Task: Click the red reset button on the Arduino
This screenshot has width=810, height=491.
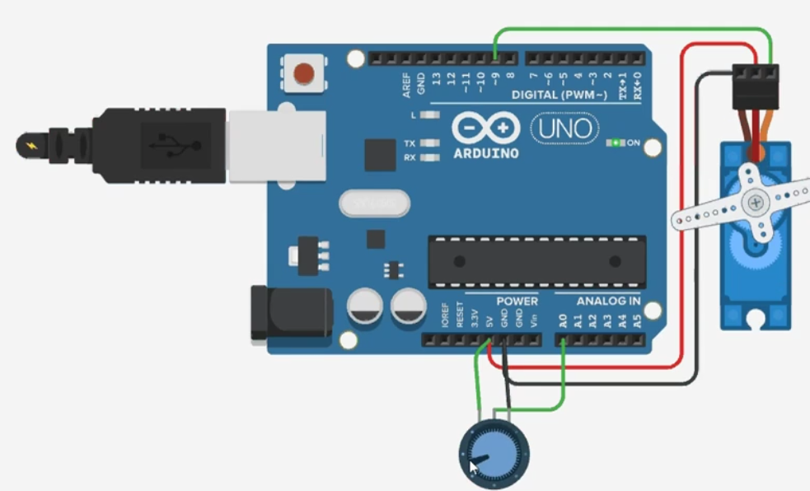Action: [304, 73]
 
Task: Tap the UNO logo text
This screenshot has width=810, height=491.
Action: [565, 128]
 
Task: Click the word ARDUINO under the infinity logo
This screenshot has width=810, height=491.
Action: [486, 153]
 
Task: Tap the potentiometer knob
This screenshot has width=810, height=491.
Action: [494, 453]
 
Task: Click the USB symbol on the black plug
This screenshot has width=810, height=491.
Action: [171, 146]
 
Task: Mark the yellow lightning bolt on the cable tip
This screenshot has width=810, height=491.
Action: [32, 147]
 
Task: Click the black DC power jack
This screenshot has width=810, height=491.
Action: [284, 313]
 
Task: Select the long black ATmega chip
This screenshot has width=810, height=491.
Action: [536, 260]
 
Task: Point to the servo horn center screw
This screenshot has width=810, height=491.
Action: [754, 202]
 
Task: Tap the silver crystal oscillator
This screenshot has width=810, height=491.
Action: [373, 203]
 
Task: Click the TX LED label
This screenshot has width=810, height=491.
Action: [410, 143]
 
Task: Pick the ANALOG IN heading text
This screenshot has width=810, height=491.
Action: [608, 302]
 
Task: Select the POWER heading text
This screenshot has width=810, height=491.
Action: [517, 302]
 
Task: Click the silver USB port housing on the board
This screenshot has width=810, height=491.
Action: [276, 146]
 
